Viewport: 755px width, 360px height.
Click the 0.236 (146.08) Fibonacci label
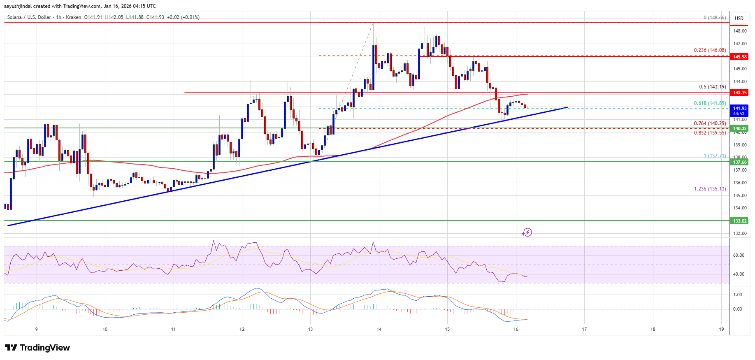pyautogui.click(x=710, y=50)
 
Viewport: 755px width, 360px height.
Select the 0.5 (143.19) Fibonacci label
pyautogui.click(x=712, y=87)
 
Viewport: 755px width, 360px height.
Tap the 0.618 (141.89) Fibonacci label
pyautogui.click(x=710, y=103)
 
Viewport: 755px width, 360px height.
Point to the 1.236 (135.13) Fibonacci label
pyautogui.click(x=710, y=189)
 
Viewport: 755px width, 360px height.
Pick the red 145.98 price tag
pyautogui.click(x=739, y=57)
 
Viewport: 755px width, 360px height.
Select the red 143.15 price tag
pyautogui.click(x=739, y=93)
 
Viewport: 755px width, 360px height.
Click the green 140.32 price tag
pyautogui.click(x=739, y=128)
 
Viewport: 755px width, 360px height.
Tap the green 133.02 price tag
pyautogui.click(x=739, y=221)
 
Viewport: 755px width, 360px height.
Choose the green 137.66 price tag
pyautogui.click(x=739, y=162)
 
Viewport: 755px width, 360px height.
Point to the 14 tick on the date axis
pyautogui.click(x=379, y=329)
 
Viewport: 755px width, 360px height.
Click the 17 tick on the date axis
pyautogui.click(x=584, y=329)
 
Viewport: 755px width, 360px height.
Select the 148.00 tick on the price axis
pyautogui.click(x=739, y=31)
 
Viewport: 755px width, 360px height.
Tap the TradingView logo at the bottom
pyautogui.click(x=37, y=348)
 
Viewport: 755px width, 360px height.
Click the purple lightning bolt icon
pyautogui.click(x=527, y=232)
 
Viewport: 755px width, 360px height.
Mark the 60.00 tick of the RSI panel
pyautogui.click(x=739, y=255)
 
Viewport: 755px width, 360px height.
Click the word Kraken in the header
pyautogui.click(x=73, y=17)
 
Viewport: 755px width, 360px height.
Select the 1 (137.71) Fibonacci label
pyautogui.click(x=715, y=156)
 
